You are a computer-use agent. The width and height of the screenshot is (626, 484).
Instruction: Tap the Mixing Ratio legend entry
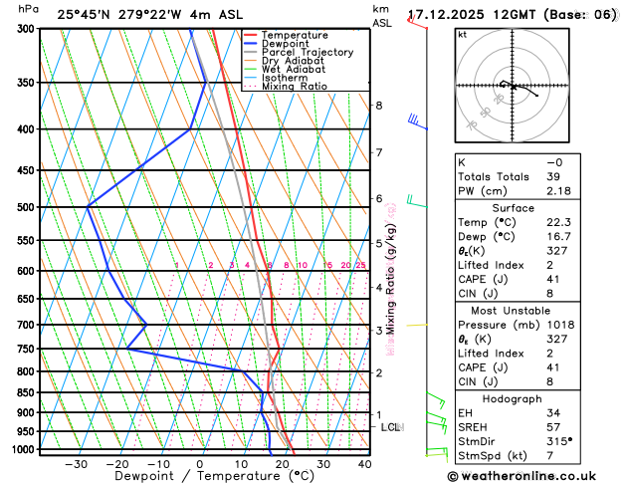300,87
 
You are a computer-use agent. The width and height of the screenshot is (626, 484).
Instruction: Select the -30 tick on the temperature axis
76,464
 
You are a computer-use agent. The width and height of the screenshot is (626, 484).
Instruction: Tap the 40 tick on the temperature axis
365,464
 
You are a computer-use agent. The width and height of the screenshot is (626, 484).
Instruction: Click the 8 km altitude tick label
378,106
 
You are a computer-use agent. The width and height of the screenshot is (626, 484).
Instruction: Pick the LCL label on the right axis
390,427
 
